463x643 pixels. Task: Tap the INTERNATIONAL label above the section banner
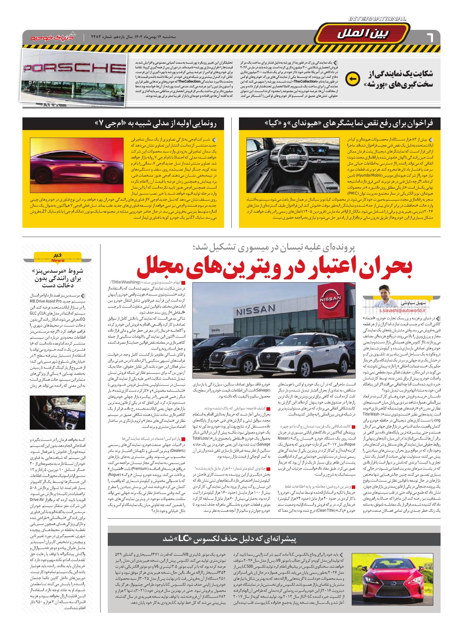tap(377, 19)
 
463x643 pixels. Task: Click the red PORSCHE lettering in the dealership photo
tap(75, 68)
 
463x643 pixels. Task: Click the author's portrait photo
tap(385, 294)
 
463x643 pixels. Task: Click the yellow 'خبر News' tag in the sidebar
tap(58, 257)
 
